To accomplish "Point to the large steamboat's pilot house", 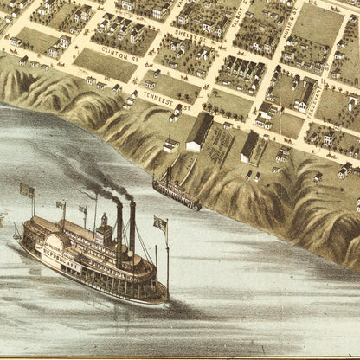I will pyautogui.click(x=103, y=230).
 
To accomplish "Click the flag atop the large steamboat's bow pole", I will pyautogui.click(x=160, y=223).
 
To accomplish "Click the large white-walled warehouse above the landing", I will pyautogui.click(x=199, y=132).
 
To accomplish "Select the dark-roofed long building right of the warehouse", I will pyautogui.click(x=250, y=146).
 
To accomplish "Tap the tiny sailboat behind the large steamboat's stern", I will pyautogui.click(x=16, y=231).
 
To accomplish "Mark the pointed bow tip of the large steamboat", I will pyautogui.click(x=168, y=300).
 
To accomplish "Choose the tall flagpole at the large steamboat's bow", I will pyautogui.click(x=166, y=260).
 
